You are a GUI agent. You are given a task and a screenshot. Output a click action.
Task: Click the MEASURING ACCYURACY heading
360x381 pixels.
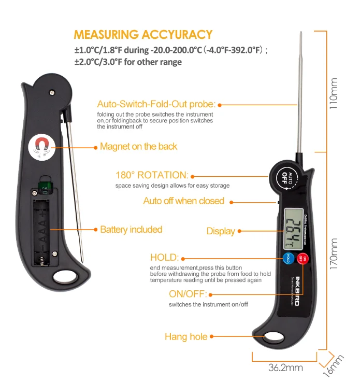tap(143, 35)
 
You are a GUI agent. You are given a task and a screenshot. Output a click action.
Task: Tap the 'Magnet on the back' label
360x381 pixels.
tap(138, 147)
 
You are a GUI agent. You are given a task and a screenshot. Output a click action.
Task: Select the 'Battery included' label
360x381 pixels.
tap(131, 229)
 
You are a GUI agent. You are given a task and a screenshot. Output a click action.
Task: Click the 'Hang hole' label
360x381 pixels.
tap(186, 336)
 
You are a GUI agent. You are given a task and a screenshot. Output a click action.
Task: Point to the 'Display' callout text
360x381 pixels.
tap(221, 231)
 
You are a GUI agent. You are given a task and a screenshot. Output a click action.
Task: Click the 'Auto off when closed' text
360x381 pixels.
tap(183, 201)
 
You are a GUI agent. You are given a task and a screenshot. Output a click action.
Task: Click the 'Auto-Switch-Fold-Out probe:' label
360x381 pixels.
tap(156, 104)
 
